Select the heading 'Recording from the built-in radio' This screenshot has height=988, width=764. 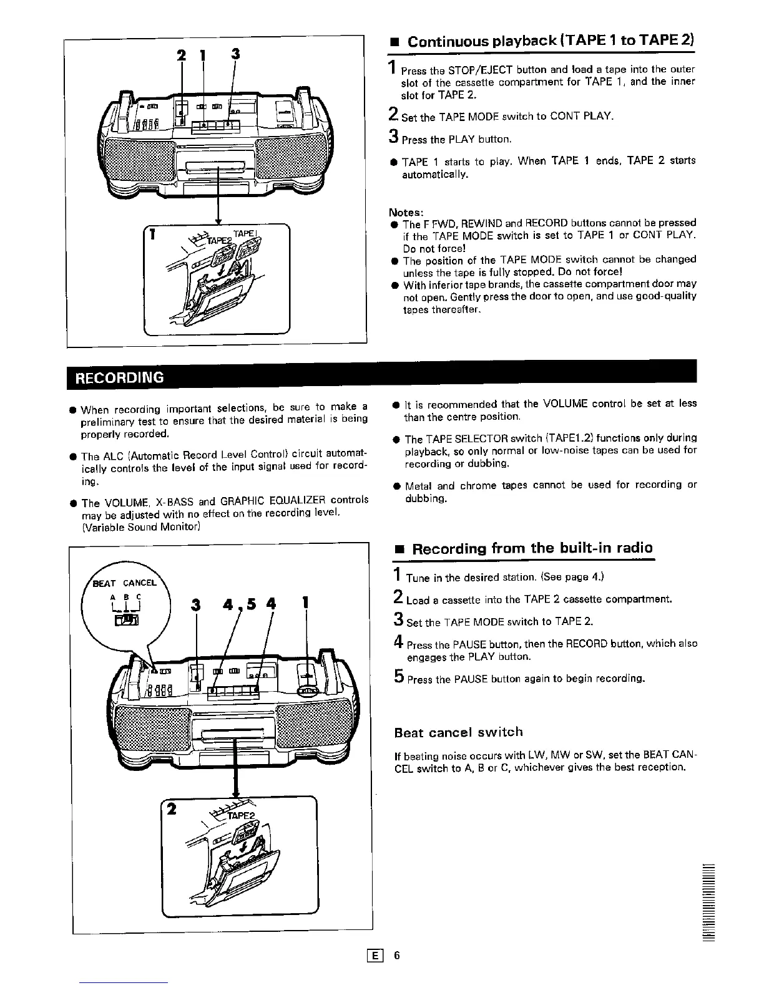point(532,548)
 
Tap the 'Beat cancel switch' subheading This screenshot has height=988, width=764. point(458,732)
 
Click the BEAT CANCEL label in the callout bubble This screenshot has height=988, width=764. point(124,583)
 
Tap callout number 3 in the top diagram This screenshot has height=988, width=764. point(235,54)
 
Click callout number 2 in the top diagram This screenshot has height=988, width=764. point(182,55)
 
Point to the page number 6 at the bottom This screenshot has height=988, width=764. point(396,955)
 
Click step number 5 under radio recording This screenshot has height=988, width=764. point(398,677)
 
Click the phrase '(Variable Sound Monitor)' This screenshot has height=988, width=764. point(141,527)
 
